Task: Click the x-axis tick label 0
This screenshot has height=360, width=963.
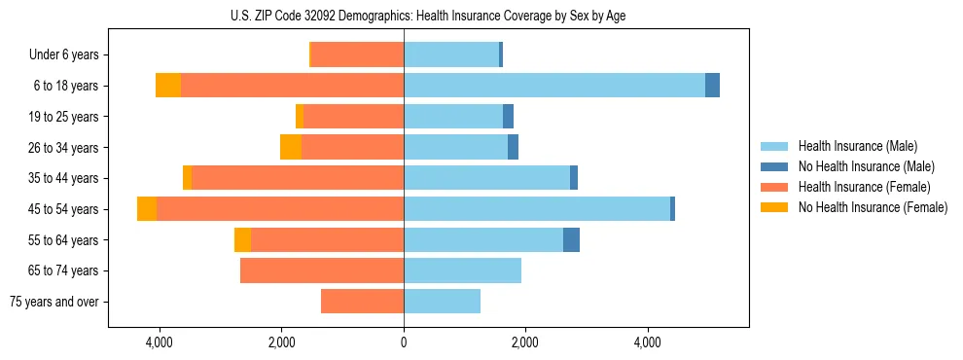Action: coord(403,342)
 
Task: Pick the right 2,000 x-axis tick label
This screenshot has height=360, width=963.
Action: coord(524,342)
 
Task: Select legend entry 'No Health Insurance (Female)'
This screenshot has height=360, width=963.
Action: coord(873,207)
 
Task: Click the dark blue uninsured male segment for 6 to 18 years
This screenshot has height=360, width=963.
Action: coord(712,86)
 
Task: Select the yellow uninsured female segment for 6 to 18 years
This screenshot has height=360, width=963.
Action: coord(168,86)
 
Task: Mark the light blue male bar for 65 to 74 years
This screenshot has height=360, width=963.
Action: coord(462,270)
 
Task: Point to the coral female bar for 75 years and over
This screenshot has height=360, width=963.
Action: coord(362,302)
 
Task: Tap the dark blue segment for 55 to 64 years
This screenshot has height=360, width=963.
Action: coord(571,240)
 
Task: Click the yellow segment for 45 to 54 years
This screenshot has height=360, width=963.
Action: coord(147,209)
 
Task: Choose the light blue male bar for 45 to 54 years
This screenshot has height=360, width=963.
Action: coord(536,209)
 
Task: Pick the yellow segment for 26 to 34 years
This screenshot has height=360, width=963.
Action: coord(291,147)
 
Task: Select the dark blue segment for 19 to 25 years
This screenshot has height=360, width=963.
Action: coord(508,117)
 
